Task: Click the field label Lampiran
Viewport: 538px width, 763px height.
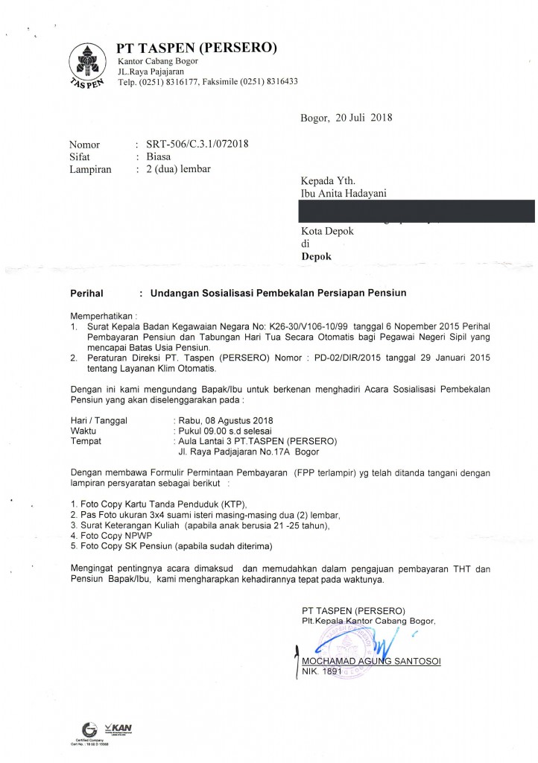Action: point(90,169)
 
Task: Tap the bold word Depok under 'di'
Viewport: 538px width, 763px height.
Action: point(315,256)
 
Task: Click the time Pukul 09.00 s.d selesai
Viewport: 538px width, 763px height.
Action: point(223,431)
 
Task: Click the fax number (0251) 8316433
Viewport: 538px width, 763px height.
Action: point(261,81)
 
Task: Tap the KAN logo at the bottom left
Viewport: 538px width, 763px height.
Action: point(118,728)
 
